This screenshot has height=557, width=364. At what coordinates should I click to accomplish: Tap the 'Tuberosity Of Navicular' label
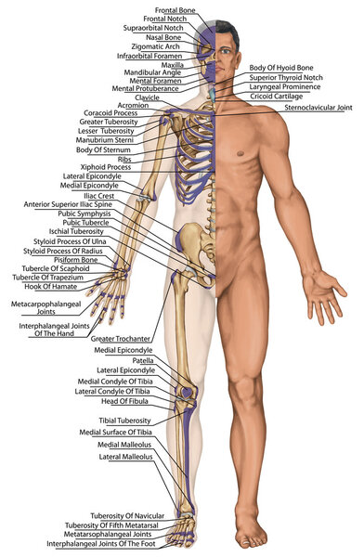pyautogui.click(x=127, y=515)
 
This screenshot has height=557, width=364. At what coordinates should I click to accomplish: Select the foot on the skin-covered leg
pyautogui.click(x=248, y=535)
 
